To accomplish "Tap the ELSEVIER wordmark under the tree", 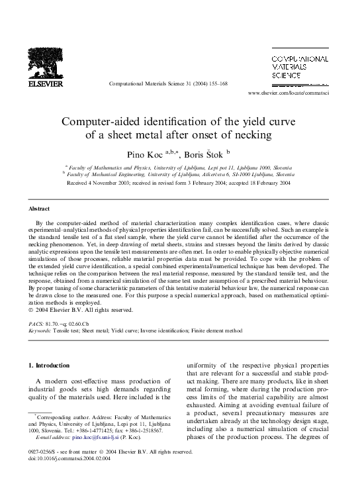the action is click(x=44, y=85).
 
